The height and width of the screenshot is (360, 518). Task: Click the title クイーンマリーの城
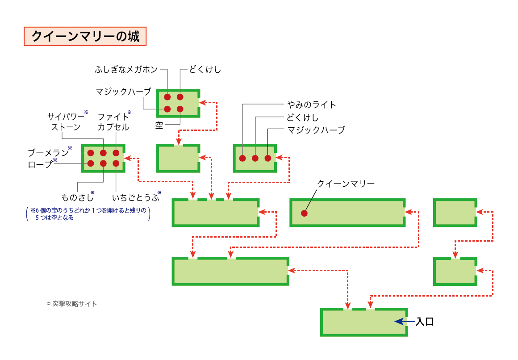85,36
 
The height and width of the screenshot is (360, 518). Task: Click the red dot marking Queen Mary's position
304,213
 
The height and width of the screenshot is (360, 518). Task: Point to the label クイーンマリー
346,184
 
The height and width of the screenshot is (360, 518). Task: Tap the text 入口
425,322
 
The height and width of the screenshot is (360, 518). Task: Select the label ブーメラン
48,153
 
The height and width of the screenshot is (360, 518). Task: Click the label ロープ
40,164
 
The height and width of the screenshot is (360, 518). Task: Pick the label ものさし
78,197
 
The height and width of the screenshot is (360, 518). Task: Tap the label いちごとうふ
134,197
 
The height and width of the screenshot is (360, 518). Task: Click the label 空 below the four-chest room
159,126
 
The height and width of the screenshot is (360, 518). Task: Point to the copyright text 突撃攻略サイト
74,304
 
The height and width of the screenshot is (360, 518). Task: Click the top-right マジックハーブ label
317,130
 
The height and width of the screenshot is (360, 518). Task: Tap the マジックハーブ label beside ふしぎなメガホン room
123,92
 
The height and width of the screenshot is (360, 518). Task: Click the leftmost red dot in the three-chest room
242,158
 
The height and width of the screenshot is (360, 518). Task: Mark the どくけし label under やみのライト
303,117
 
